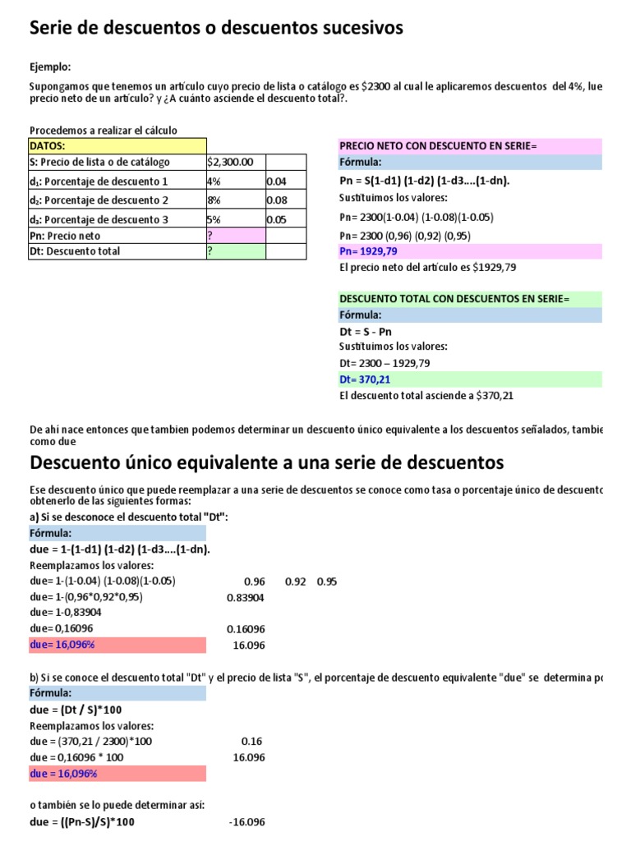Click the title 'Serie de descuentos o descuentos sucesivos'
click(x=216, y=29)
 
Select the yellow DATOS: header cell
click(x=117, y=145)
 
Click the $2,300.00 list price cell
click(x=235, y=163)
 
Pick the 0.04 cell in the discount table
click(x=285, y=182)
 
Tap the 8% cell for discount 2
click(x=235, y=200)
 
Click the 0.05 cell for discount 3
click(x=285, y=219)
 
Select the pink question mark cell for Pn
click(x=235, y=236)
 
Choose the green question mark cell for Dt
click(x=235, y=251)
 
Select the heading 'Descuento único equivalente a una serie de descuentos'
click(x=266, y=462)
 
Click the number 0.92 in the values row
click(x=295, y=581)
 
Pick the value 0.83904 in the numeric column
click(x=245, y=597)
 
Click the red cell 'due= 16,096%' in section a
click(x=117, y=645)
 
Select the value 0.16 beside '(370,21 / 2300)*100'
click(x=254, y=742)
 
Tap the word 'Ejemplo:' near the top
click(x=50, y=67)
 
